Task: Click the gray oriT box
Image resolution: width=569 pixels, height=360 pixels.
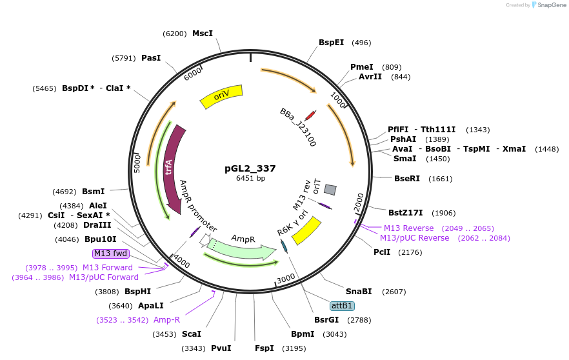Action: [x=330, y=190]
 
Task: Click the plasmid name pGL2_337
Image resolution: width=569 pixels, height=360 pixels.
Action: [x=250, y=168]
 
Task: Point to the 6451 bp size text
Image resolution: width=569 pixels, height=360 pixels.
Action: [x=250, y=178]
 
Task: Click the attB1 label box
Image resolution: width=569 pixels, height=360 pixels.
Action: [x=342, y=305]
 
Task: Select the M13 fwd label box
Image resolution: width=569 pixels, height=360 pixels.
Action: [x=111, y=253]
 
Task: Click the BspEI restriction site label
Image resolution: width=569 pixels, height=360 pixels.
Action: [x=332, y=43]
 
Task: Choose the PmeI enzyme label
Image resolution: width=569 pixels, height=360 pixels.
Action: [x=361, y=67]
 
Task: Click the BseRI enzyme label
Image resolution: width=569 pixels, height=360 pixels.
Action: [x=406, y=179]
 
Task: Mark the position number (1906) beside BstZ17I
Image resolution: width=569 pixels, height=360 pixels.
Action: [x=444, y=212]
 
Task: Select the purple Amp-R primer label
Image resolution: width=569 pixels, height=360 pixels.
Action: [x=166, y=319]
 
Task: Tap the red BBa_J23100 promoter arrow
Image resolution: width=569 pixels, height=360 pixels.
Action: [x=310, y=115]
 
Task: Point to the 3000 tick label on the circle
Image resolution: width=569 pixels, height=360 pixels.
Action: [x=285, y=279]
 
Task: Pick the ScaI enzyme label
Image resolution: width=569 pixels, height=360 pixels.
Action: [x=191, y=334]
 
